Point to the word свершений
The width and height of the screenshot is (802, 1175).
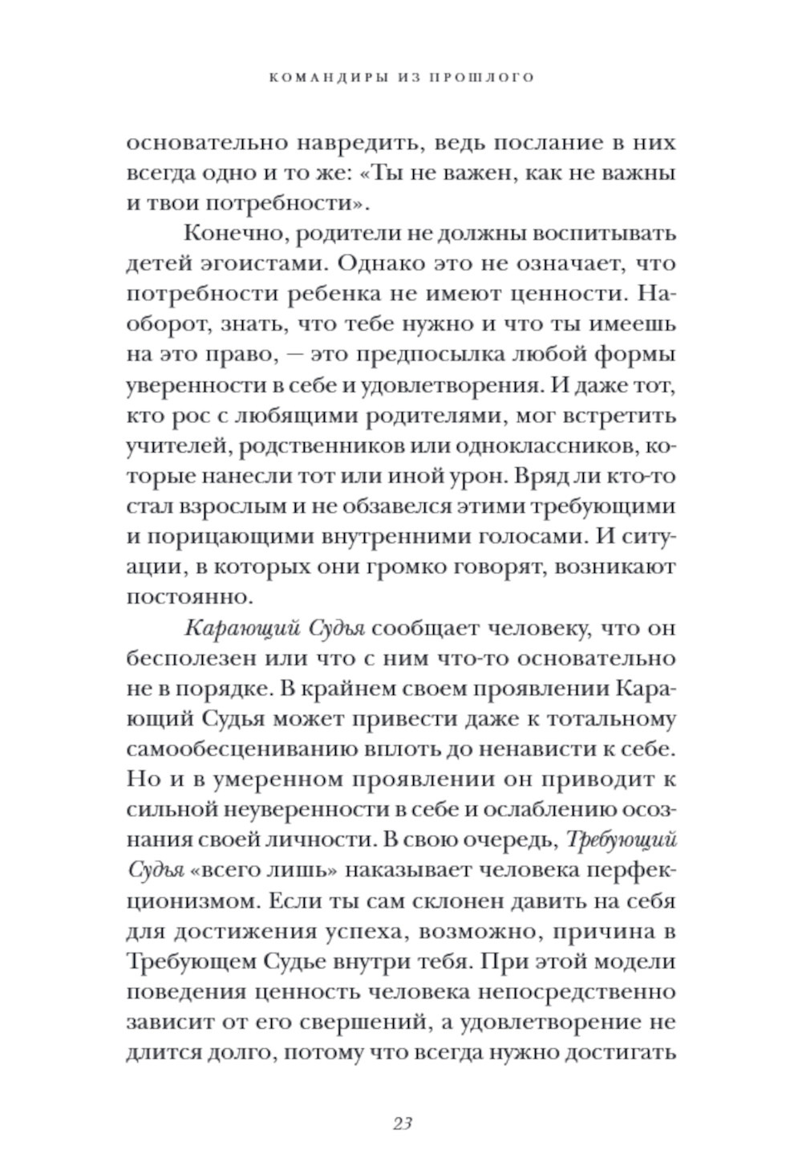(372, 1022)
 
